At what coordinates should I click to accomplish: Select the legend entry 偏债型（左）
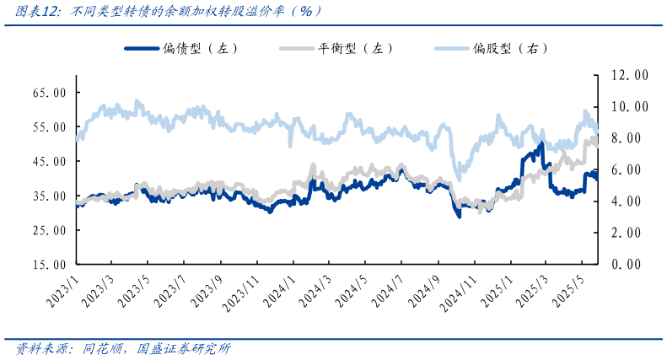[181, 48]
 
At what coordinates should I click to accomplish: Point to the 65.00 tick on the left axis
[50, 92]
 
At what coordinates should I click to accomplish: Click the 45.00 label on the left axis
[50, 161]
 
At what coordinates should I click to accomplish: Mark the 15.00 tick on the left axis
[50, 265]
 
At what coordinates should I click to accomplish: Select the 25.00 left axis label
[50, 230]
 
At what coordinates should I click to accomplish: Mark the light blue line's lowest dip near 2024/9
[458, 177]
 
